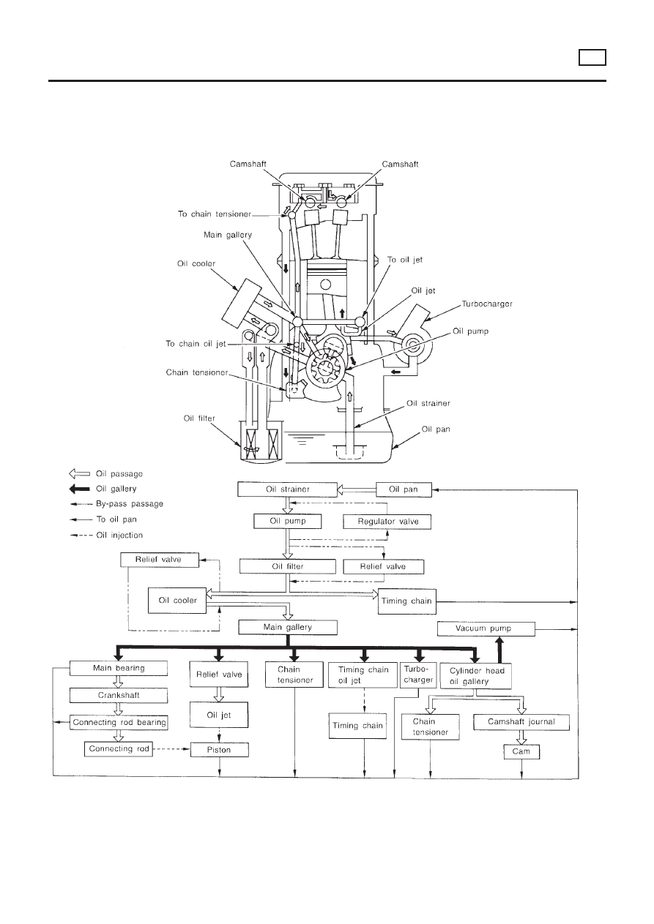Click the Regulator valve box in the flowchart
click(x=387, y=522)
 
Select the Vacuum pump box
click(x=485, y=628)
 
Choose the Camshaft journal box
click(x=521, y=722)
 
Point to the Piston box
click(x=220, y=750)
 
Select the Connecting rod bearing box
click(x=119, y=722)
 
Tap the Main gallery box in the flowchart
click(x=288, y=627)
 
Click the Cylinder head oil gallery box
click(x=477, y=675)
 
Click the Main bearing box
click(x=119, y=668)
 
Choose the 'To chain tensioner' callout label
click(x=215, y=214)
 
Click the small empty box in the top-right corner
click(x=591, y=56)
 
